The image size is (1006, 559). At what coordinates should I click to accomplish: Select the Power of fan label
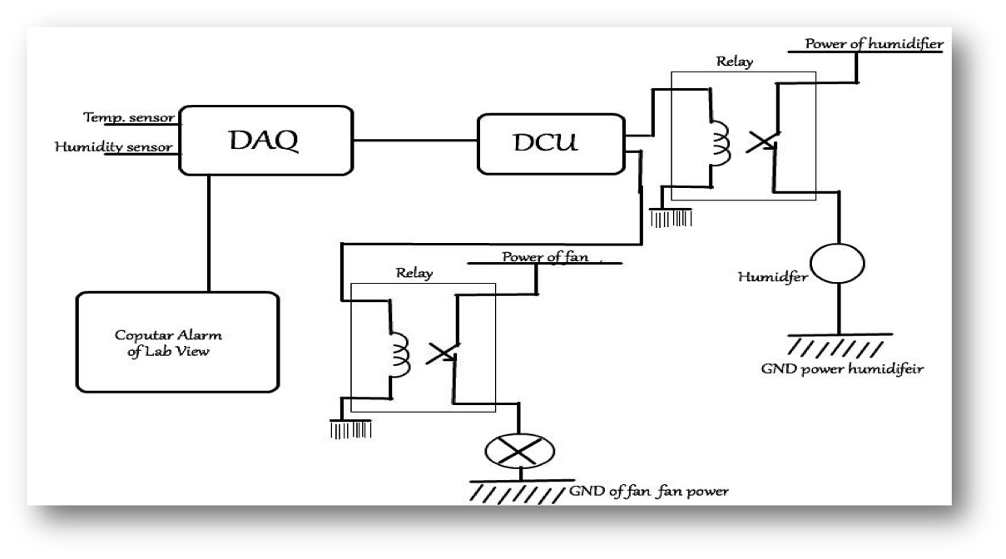546,257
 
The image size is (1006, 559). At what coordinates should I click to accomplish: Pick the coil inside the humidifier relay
718,144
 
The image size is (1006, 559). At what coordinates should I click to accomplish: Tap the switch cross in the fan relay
441,354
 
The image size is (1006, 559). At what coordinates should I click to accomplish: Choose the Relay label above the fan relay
413,273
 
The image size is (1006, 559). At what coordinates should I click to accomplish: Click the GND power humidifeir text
866,369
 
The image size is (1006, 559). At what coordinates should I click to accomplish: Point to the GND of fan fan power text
649,492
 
